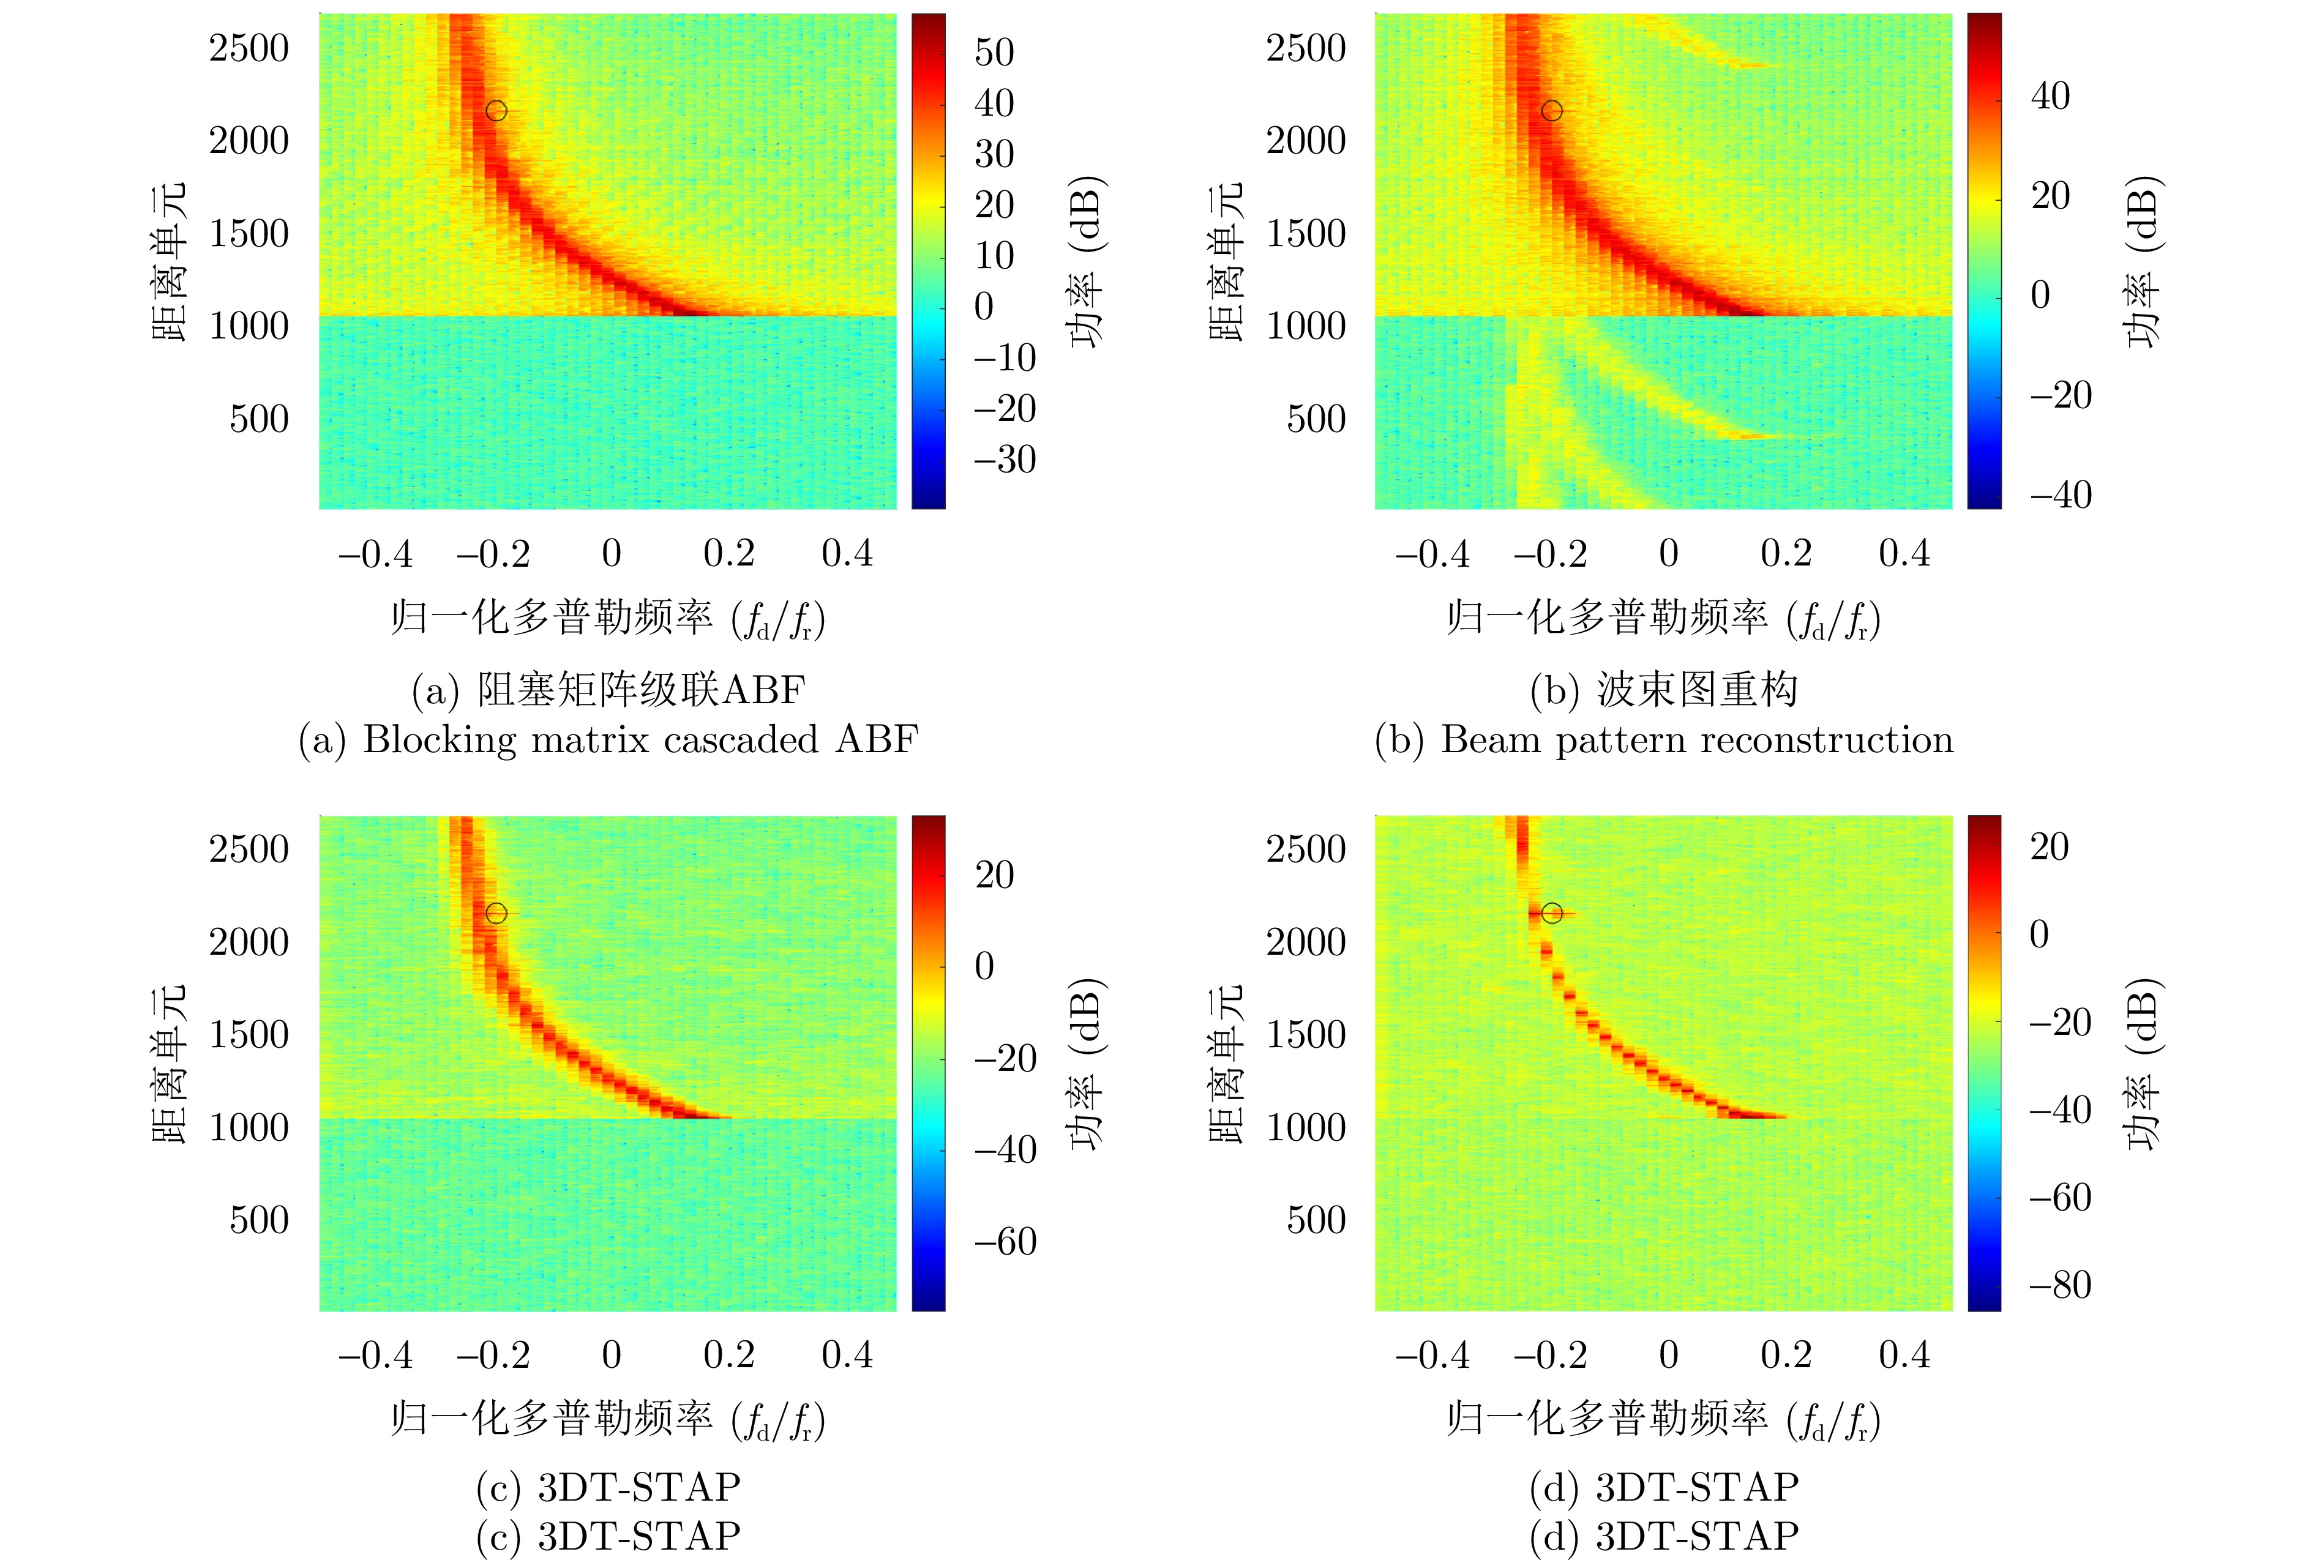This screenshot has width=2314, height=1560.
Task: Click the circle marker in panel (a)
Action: tap(496, 110)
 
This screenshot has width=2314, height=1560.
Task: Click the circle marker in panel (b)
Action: tap(1552, 110)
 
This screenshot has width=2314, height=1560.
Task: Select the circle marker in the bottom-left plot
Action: tap(496, 912)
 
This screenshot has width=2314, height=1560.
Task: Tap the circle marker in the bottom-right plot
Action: tap(1552, 912)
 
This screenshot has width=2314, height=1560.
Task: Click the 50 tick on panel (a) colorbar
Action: tap(994, 53)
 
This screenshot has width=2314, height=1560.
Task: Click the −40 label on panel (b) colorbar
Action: tap(2059, 494)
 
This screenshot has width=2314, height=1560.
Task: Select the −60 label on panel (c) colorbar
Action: tap(1003, 1242)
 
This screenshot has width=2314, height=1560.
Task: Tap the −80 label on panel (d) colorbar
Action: tap(2059, 1285)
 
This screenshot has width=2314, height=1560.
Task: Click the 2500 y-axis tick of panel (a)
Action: tap(249, 48)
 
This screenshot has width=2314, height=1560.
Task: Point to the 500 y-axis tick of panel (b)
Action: tap(1316, 419)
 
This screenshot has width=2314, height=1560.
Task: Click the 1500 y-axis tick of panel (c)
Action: tap(249, 1035)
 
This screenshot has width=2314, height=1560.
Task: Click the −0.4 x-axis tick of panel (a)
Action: tap(375, 553)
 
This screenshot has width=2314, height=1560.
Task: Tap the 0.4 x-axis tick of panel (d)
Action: tap(1904, 1355)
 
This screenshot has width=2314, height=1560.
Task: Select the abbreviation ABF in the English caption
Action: tap(876, 740)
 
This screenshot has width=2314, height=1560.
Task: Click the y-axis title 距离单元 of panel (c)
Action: tap(169, 1064)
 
